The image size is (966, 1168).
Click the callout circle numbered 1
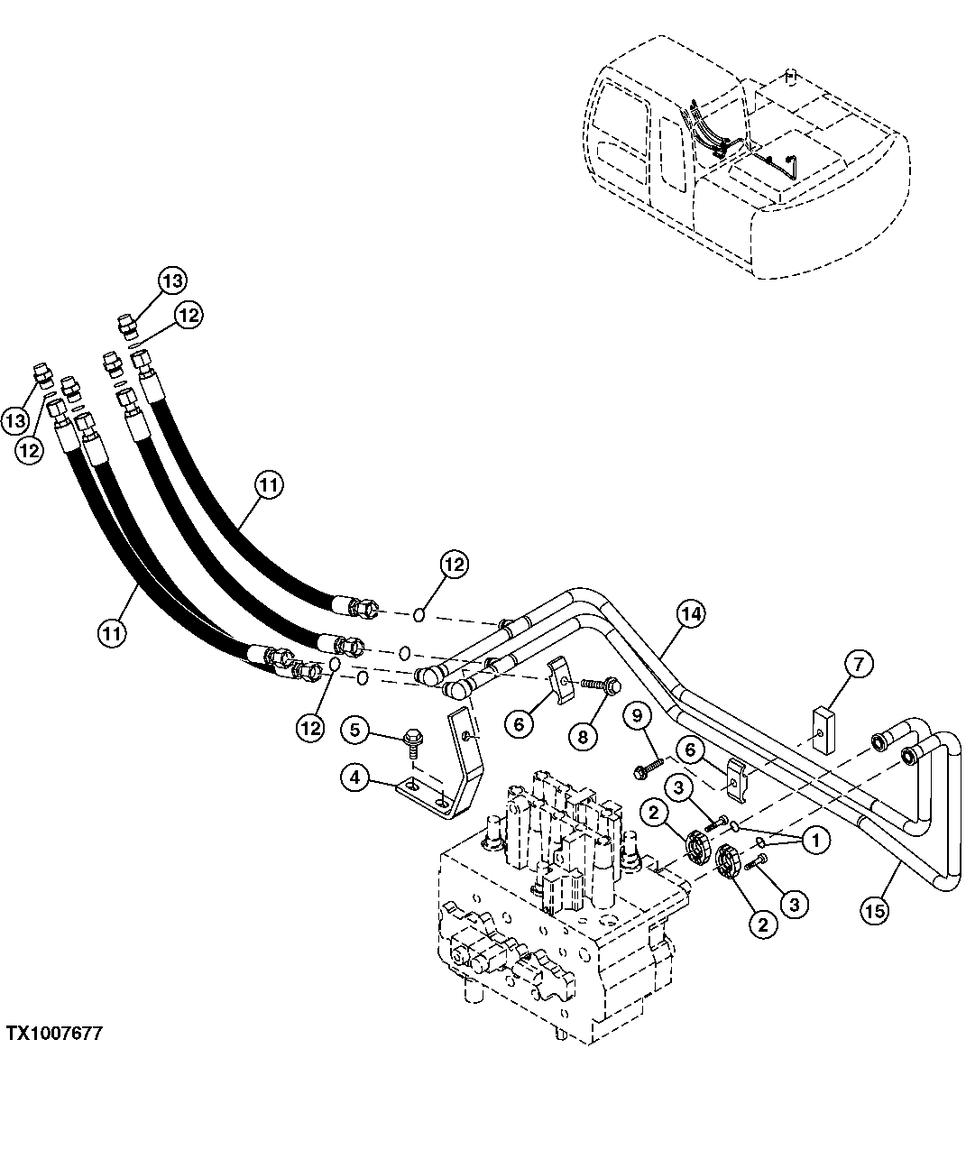(815, 841)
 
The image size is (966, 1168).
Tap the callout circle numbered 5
(354, 729)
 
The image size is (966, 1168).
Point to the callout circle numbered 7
(858, 666)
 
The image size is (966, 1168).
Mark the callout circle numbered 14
(689, 614)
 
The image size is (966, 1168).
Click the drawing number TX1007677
(55, 1034)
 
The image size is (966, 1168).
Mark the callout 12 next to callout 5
(309, 728)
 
